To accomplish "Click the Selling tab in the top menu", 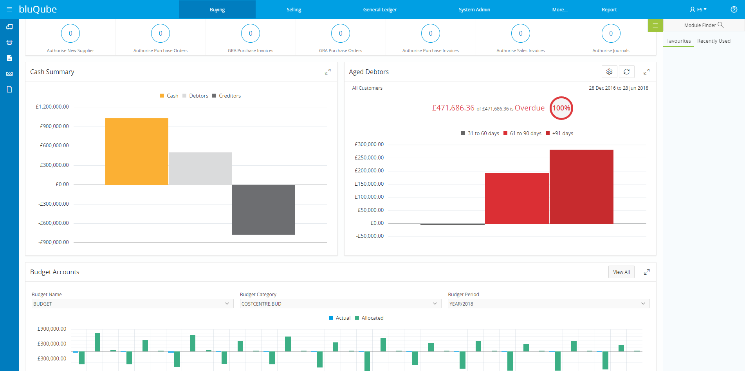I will pos(294,9).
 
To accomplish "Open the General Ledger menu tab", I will pos(380,9).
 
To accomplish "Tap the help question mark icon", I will pos(734,9).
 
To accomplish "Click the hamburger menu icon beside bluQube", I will pos(9,9).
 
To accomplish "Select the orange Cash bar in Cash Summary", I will pos(137,151).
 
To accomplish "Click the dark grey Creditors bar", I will pos(263,210).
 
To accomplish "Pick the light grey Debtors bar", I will pos(200,168).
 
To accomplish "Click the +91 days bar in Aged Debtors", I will pos(581,186).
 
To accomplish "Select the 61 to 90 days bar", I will pos(517,198).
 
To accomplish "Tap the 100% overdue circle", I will pos(561,108).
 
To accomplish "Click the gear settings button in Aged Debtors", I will pos(609,72).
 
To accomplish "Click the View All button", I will pos(621,272).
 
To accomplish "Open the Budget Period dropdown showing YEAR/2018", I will pos(548,304).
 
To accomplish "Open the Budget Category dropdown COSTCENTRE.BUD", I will pos(340,304).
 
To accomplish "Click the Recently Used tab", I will pos(714,41).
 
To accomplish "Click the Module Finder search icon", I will pos(720,25).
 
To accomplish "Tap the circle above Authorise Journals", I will pos(611,33).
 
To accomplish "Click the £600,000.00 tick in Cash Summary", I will pos(54,145).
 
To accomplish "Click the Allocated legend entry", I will pos(372,318).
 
